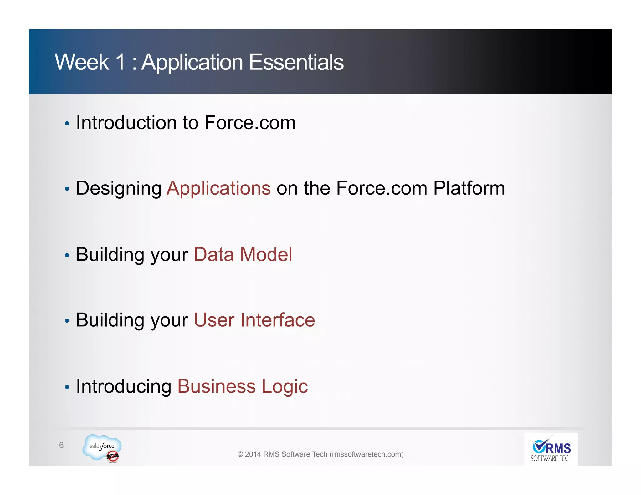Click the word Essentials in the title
pyautogui.click(x=296, y=62)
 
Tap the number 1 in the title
pyautogui.click(x=121, y=62)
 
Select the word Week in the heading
pyautogui.click(x=82, y=62)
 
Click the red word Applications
pyautogui.click(x=218, y=188)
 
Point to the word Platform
pyautogui.click(x=469, y=188)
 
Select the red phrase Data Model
pyautogui.click(x=243, y=254)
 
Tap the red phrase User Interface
pyautogui.click(x=254, y=320)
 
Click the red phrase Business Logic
pyautogui.click(x=243, y=386)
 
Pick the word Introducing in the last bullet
pyautogui.click(x=124, y=386)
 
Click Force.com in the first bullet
pyautogui.click(x=250, y=122)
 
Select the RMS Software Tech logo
pyautogui.click(x=551, y=449)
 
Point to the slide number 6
pyautogui.click(x=61, y=445)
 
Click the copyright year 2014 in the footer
pyautogui.click(x=253, y=454)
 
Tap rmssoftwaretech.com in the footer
pyautogui.click(x=367, y=454)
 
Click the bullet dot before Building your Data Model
pyautogui.click(x=67, y=255)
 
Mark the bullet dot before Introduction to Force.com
pyautogui.click(x=67, y=124)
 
